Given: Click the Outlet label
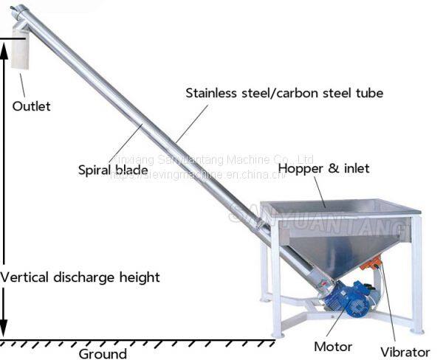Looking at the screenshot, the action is click(31, 106).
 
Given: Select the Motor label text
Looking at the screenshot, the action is click(334, 346).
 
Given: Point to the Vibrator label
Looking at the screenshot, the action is click(405, 352).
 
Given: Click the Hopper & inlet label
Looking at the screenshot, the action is click(323, 169).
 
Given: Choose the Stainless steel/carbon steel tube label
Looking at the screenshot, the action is click(284, 94).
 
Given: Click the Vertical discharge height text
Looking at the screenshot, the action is click(80, 278).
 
